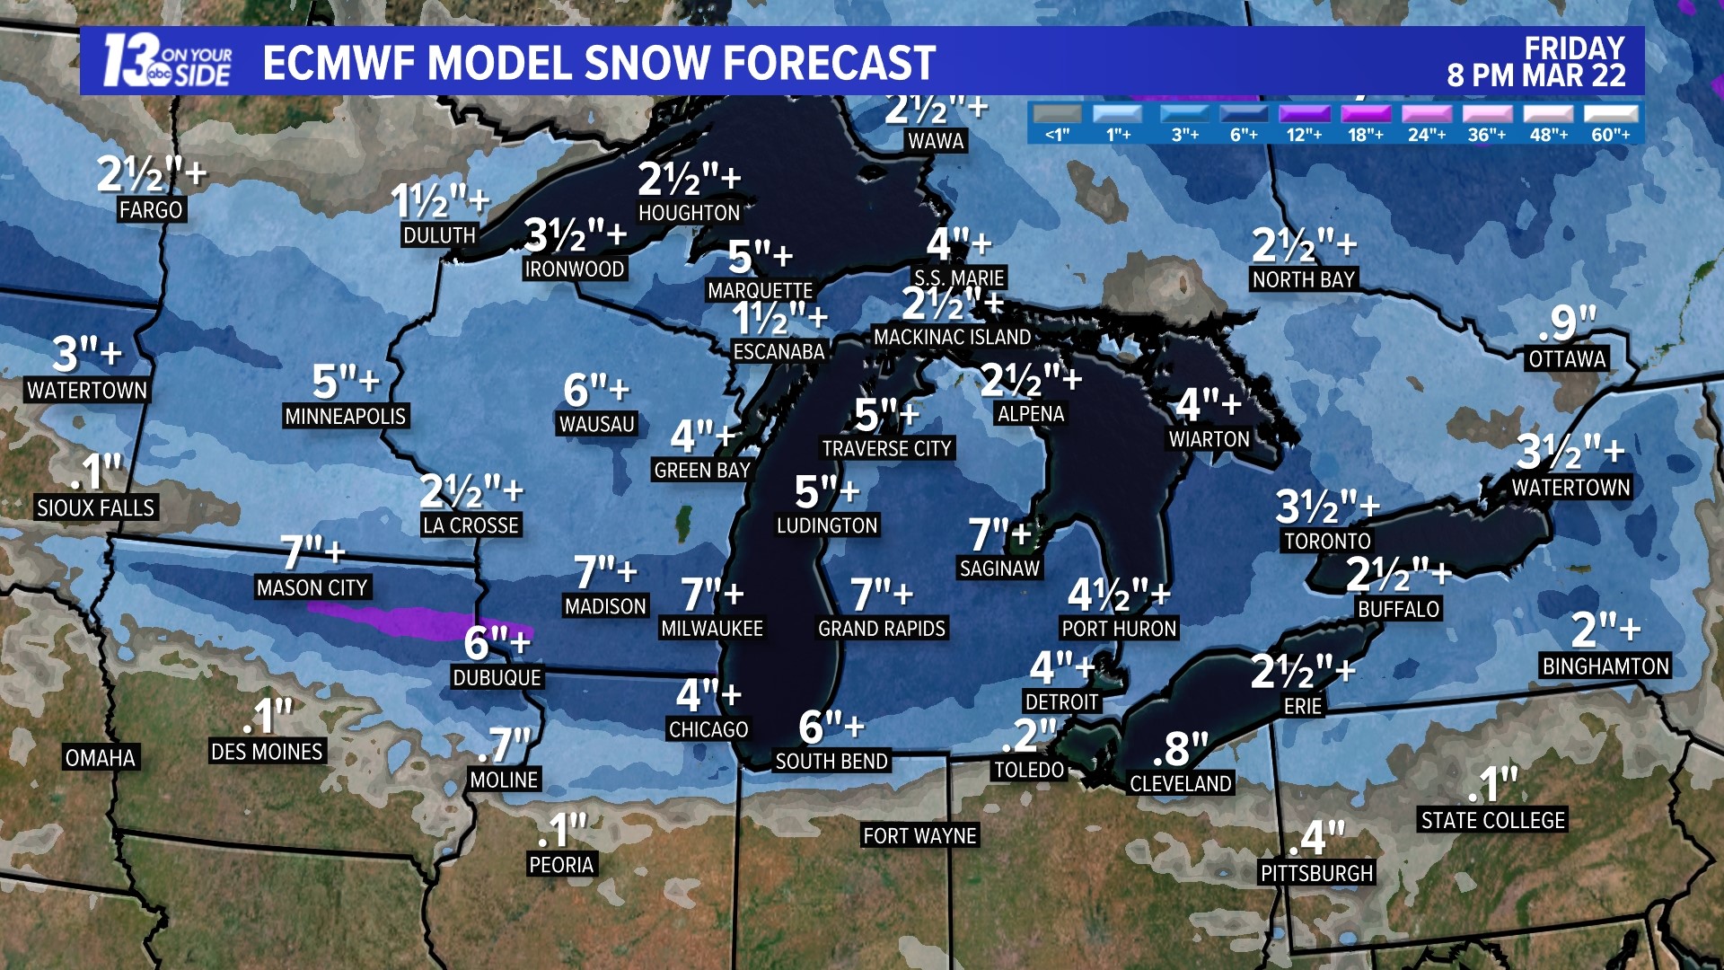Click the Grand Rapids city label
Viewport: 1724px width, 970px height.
[x=881, y=629]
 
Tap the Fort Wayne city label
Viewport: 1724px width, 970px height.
[x=919, y=836]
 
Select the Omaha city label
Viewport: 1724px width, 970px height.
[x=101, y=758]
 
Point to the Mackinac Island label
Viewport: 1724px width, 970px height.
[x=952, y=338]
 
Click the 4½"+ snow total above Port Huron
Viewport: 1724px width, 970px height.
[x=1119, y=595]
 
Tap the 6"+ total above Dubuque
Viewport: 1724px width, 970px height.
[x=497, y=643]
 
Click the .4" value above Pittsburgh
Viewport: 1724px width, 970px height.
[x=1316, y=839]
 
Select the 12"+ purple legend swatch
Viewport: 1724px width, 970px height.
[x=1305, y=114]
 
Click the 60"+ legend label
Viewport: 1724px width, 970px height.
[x=1611, y=135]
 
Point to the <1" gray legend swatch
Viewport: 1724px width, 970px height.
[x=1058, y=114]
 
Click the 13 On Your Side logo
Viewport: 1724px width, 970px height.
[x=167, y=61]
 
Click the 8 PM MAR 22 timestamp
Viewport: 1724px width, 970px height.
[x=1535, y=76]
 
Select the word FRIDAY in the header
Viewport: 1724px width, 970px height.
[x=1574, y=48]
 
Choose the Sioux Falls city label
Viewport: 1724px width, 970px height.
[x=95, y=508]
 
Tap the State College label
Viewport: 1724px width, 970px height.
[x=1492, y=821]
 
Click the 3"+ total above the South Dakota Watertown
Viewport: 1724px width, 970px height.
[x=87, y=353]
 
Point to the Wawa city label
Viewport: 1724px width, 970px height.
[x=936, y=141]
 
